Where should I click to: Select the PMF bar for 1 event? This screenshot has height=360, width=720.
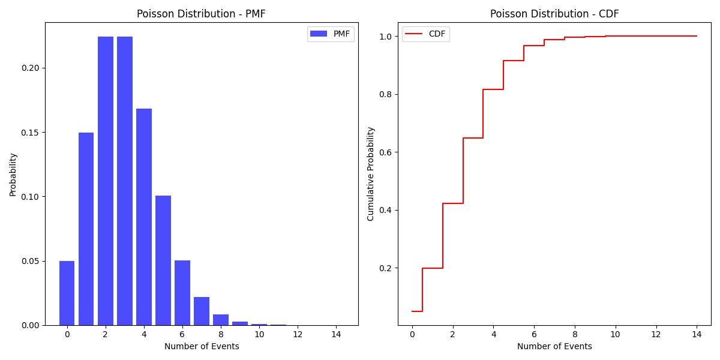[86, 229]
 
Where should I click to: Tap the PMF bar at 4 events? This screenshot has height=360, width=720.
[144, 217]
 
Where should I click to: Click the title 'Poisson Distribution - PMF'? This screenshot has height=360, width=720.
[201, 14]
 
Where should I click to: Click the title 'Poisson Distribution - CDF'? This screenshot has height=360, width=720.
[554, 14]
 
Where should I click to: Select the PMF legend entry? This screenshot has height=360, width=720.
[331, 34]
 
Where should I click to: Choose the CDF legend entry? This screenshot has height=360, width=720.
[425, 34]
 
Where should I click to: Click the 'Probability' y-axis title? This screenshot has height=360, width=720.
[13, 174]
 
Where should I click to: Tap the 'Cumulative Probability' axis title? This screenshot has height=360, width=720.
[371, 174]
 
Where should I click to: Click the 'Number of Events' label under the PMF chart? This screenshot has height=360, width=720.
[202, 346]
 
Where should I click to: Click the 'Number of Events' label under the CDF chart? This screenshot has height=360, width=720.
[554, 346]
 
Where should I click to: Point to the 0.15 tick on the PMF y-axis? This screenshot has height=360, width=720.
[31, 132]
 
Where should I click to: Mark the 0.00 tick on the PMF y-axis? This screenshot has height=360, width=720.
[31, 325]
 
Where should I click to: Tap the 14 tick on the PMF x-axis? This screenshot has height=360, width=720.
[336, 334]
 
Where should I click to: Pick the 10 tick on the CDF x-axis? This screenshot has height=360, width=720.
[616, 334]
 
